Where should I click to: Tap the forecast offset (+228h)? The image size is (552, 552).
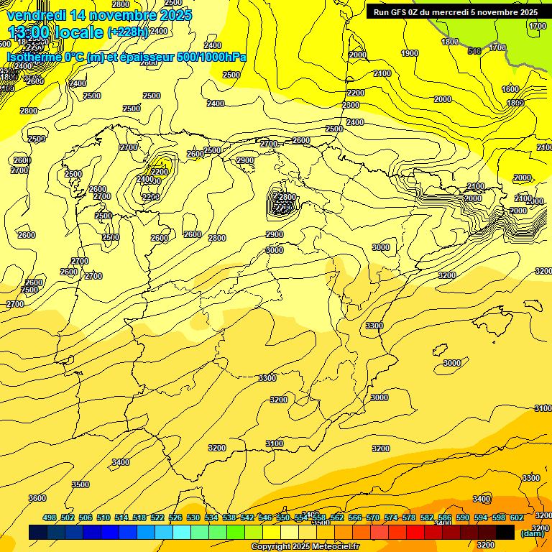pyautogui.click(x=127, y=32)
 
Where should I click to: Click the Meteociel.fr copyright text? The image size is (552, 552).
pyautogui.click(x=305, y=547)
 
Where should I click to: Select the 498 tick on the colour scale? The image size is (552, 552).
pyautogui.click(x=50, y=517)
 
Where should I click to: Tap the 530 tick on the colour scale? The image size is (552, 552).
pyautogui.click(x=193, y=517)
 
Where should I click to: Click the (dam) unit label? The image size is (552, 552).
pyautogui.click(x=532, y=533)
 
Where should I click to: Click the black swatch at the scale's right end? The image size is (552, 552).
pyautogui.click(x=505, y=533)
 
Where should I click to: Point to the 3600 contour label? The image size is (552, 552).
pyautogui.click(x=37, y=498)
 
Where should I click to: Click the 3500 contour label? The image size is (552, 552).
pyautogui.click(x=80, y=484)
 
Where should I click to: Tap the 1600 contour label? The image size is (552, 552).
pyautogui.click(x=510, y=89)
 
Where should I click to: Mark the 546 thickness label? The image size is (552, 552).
pyautogui.click(x=474, y=50)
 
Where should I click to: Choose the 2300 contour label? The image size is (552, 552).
pyautogui.click(x=351, y=105)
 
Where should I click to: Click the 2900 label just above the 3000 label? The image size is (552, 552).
pyautogui.click(x=275, y=234)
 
